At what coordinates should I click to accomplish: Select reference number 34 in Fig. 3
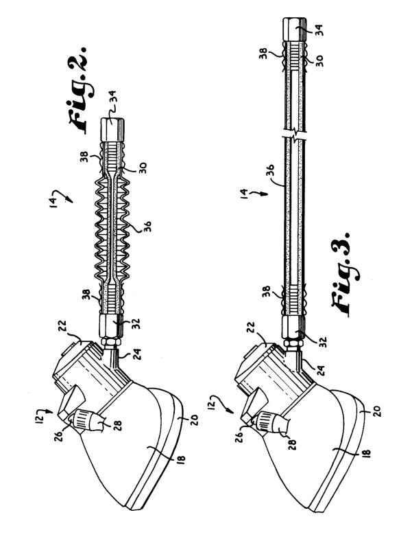click(319, 29)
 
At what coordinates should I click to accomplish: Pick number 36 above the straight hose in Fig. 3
click(271, 172)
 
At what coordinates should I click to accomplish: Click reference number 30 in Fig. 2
click(143, 168)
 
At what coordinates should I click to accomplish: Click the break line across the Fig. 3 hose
click(293, 136)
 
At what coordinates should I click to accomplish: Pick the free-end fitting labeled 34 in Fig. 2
click(112, 129)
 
